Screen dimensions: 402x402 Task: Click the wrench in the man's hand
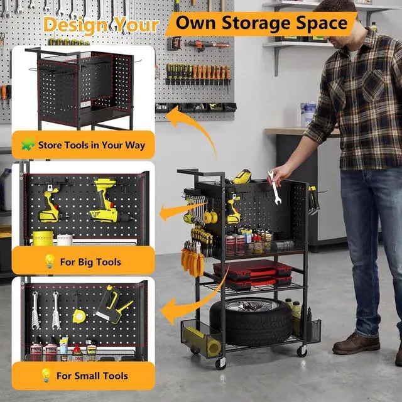274,188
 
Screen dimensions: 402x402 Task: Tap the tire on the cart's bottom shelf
251,321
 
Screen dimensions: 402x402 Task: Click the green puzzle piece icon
28,144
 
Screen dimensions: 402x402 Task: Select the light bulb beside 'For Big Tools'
50,261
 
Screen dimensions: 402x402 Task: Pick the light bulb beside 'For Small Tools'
46,376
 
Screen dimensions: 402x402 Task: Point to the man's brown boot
356,343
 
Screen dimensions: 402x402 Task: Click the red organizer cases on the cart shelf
253,274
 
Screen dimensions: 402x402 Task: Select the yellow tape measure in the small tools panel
79,317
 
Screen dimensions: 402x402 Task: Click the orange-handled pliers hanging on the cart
192,260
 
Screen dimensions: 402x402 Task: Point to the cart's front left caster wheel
220,363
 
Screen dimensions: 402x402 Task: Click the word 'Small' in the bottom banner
85,376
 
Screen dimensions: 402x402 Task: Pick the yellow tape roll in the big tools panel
43,238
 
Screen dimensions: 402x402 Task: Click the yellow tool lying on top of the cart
242,177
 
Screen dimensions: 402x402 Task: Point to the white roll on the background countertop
308,114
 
